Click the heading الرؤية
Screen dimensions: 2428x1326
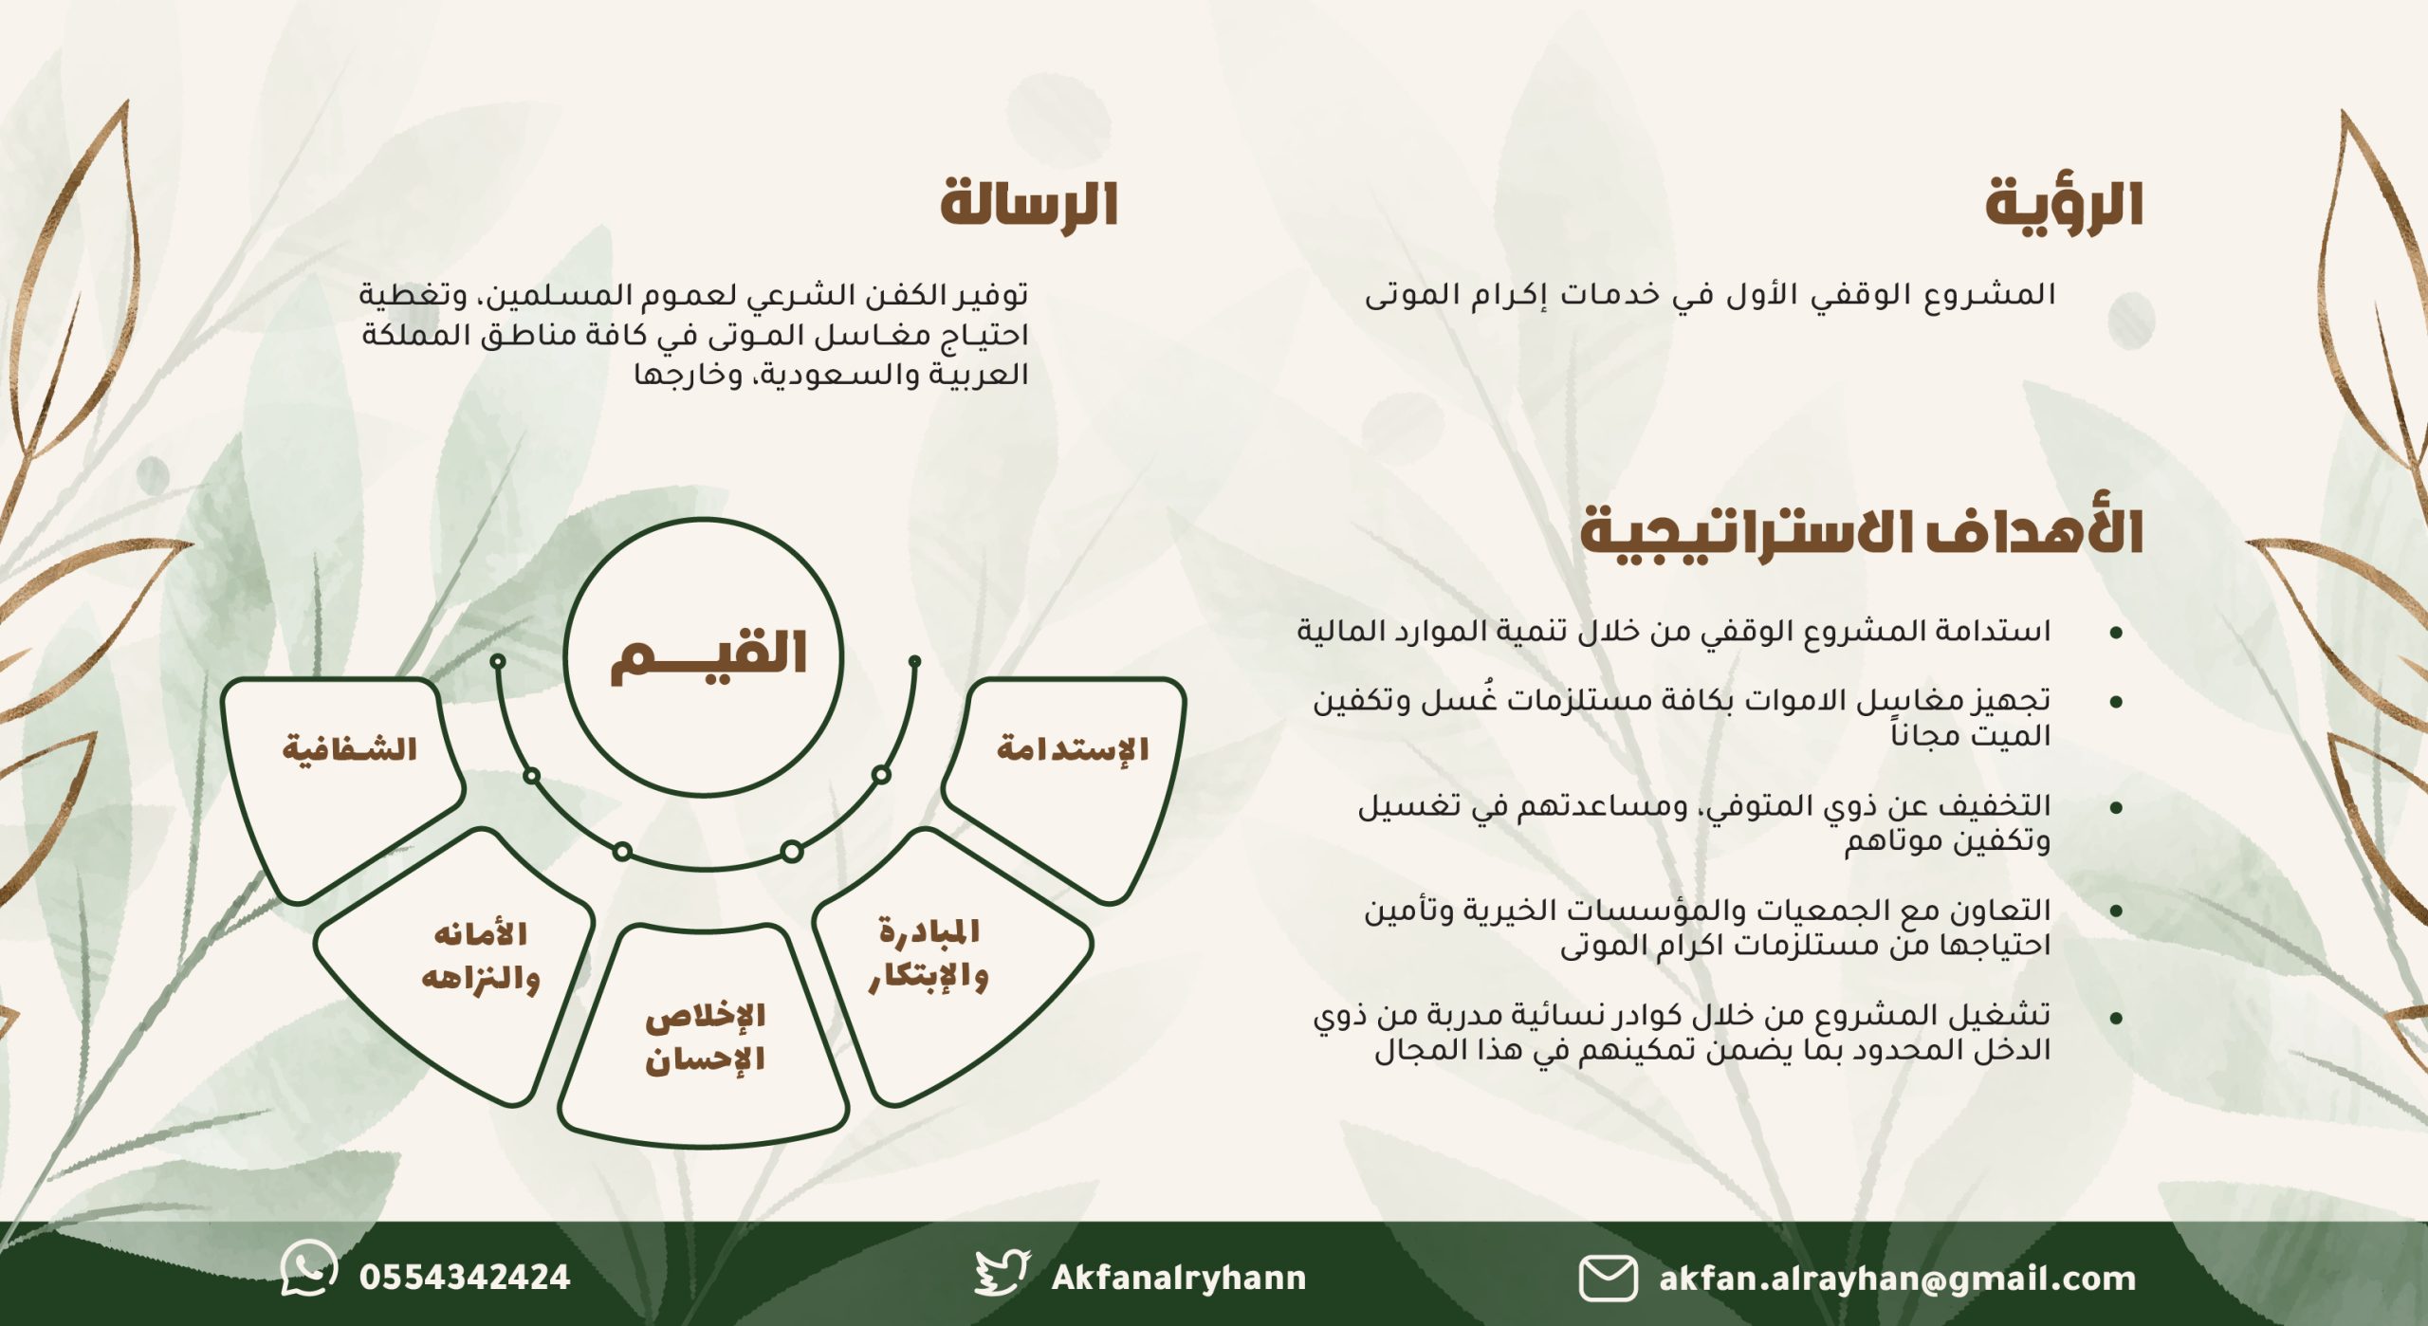(x=2064, y=204)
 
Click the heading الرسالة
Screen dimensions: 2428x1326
(x=1029, y=203)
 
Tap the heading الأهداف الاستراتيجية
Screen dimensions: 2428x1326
(x=1861, y=531)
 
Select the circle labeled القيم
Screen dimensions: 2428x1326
(x=703, y=656)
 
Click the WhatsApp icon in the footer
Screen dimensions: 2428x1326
(x=309, y=1268)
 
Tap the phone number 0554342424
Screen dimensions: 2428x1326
(x=465, y=1278)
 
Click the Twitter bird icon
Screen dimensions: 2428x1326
(x=1002, y=1274)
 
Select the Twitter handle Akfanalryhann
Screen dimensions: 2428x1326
(x=1179, y=1278)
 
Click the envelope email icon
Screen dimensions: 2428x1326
(x=1608, y=1278)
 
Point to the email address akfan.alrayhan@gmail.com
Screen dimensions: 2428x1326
(x=1898, y=1279)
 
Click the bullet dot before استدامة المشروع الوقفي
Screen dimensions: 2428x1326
(x=2116, y=633)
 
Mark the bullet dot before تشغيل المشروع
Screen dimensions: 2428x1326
(x=2116, y=1019)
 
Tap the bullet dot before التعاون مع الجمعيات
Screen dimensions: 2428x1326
(x=2116, y=912)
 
